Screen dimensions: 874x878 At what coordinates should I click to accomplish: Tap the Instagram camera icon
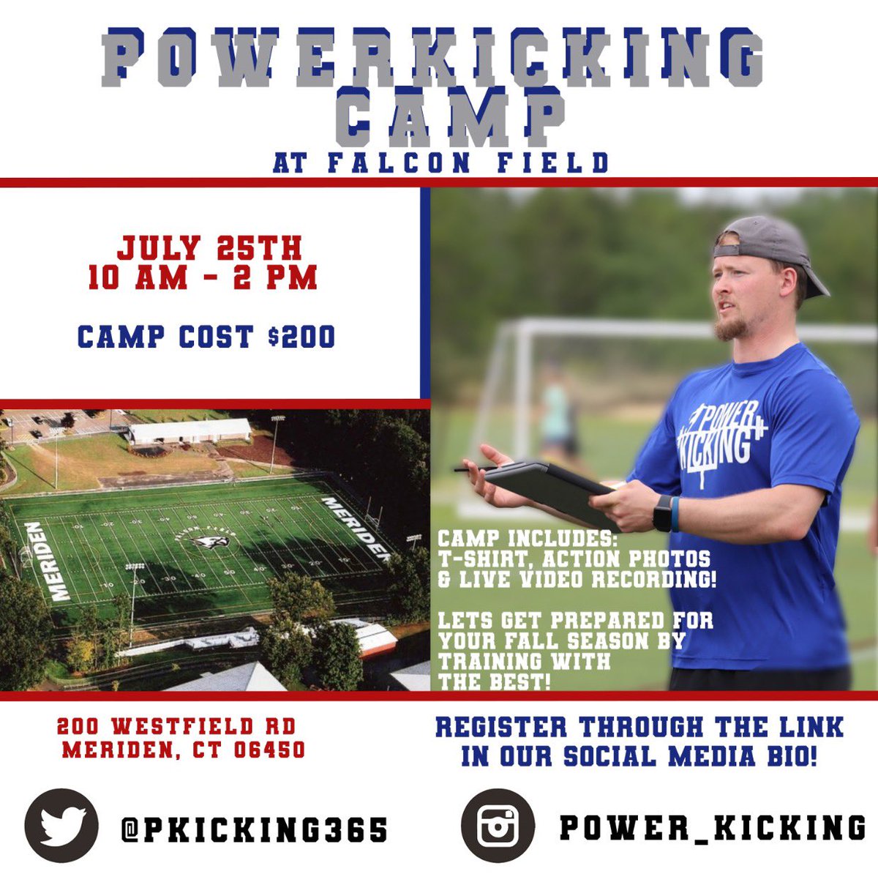click(498, 826)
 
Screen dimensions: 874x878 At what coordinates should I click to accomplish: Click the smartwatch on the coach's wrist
click(662, 513)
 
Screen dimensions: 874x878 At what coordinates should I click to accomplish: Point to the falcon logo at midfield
click(207, 542)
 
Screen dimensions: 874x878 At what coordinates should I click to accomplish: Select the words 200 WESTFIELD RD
click(176, 726)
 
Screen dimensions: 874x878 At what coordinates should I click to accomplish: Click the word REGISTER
click(500, 728)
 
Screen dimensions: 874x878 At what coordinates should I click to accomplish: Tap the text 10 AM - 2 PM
click(203, 279)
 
